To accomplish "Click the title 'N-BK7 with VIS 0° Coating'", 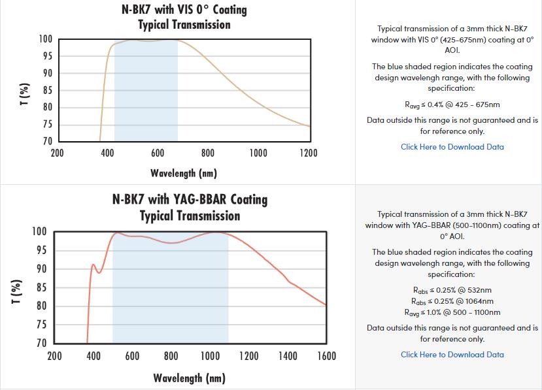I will [184, 10].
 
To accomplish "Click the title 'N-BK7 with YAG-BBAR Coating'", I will [190, 199].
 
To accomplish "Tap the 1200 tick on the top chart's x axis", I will [308, 154].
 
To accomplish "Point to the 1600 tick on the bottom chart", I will [326, 356].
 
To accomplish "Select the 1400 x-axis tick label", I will [288, 356].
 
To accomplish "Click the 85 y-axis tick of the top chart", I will [46, 91].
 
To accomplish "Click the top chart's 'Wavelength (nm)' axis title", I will [183, 173].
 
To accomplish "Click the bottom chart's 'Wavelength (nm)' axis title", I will [190, 378].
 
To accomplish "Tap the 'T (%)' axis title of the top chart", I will [24, 95].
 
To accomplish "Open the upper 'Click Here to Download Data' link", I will [452, 147].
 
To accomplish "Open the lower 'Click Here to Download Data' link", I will [452, 355].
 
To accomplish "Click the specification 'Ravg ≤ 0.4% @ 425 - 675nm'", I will [452, 105].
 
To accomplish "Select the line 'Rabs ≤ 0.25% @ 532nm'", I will [452, 290].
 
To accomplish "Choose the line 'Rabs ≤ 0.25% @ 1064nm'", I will [452, 301].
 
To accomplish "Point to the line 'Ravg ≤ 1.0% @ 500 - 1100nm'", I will [452, 312].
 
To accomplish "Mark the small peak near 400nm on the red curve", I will [93, 265].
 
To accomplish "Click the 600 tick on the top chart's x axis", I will [158, 154].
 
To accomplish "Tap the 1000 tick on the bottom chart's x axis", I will [210, 356].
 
